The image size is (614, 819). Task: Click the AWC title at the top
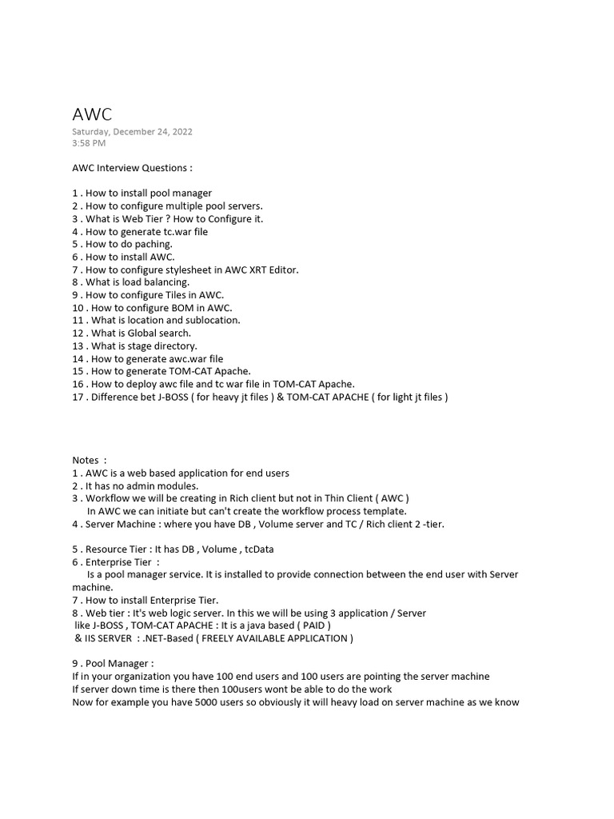click(92, 114)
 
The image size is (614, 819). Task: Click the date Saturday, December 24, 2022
click(132, 132)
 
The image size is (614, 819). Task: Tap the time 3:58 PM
click(89, 143)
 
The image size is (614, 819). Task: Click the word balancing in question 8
click(166, 282)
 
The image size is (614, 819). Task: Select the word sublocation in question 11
click(212, 320)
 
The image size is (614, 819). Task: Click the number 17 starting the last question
click(78, 397)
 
